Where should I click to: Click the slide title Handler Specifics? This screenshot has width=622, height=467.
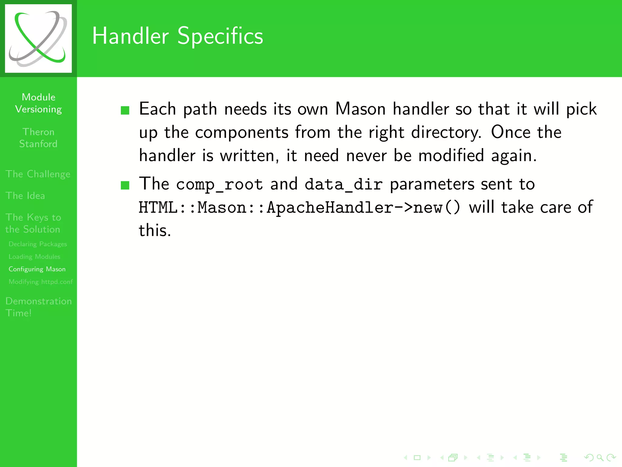coord(177,36)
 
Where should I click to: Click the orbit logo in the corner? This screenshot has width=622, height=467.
coord(38,38)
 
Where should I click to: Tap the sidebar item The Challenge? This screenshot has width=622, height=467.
coord(38,174)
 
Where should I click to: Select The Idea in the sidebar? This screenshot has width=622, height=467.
coord(25,195)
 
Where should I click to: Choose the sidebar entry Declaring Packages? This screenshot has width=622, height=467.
coord(38,244)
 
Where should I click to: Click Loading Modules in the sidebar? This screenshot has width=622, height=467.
coord(34,257)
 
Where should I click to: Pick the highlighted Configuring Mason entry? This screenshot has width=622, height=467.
coord(37,269)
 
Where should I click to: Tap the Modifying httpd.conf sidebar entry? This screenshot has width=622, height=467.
coord(41,282)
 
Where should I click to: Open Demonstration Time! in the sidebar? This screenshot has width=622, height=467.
coord(38,307)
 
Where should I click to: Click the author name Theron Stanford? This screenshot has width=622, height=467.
coord(38,138)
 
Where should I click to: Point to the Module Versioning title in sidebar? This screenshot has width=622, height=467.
coord(38,103)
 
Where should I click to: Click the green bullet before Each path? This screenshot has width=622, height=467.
coord(125,110)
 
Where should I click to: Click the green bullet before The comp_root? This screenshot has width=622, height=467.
coord(125,185)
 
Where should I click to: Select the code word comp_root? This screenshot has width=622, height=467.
coord(219,185)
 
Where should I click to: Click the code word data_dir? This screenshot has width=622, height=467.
coord(343,185)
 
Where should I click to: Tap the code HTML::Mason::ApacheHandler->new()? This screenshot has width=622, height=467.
coord(299,208)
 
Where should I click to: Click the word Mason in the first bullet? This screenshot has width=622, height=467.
coord(360,109)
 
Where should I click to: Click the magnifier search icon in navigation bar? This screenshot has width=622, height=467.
coord(600,457)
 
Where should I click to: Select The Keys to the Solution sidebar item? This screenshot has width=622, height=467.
coord(33,223)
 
